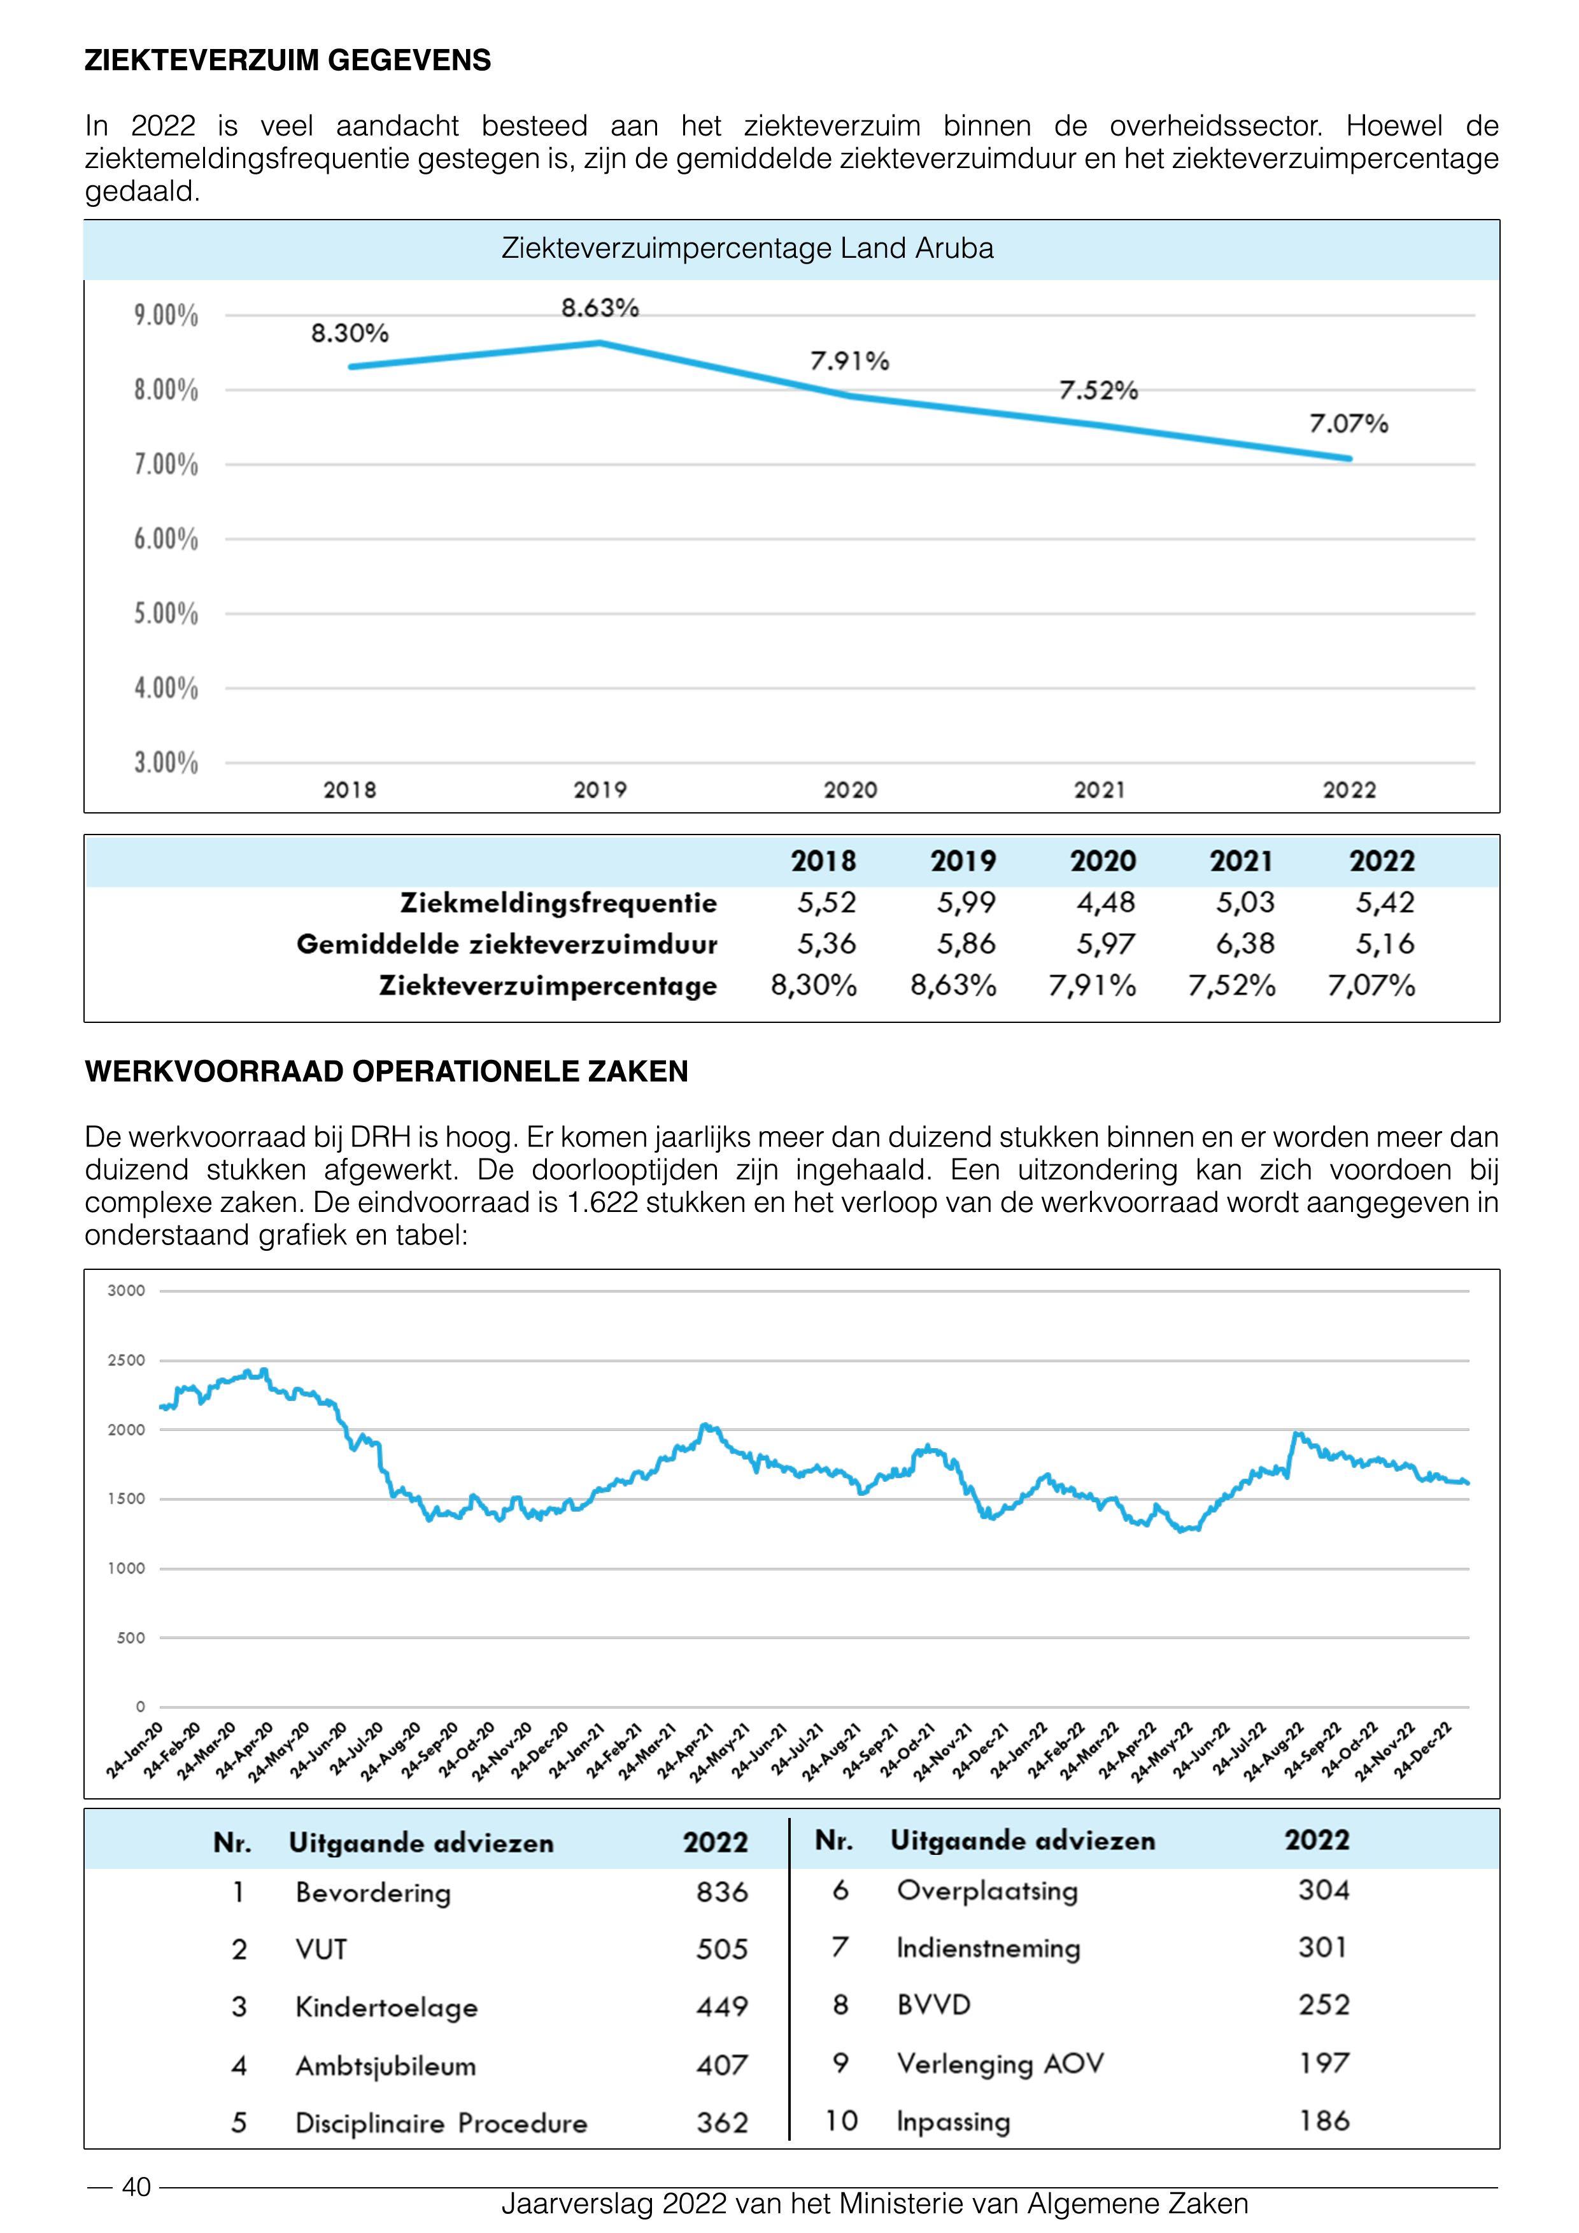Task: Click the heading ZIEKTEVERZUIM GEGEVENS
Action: click(288, 60)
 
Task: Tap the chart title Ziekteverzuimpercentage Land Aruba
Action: click(747, 249)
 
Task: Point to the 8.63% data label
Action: click(600, 308)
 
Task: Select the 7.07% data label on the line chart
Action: click(1349, 424)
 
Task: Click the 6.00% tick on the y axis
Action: click(166, 540)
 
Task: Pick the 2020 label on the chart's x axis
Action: click(851, 791)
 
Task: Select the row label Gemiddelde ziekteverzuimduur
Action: click(507, 945)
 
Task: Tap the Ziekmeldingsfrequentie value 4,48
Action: click(1105, 903)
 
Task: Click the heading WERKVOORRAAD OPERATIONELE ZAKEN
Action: click(386, 1072)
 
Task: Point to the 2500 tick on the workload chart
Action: click(127, 1360)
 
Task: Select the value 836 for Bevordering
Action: click(722, 1892)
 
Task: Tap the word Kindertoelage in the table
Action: click(386, 2008)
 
